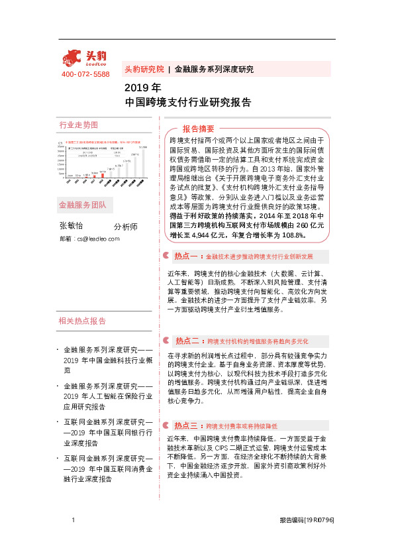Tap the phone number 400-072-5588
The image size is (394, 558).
click(x=85, y=74)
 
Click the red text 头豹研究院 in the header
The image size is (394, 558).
click(x=144, y=69)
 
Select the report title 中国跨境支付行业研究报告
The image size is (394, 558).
click(x=188, y=103)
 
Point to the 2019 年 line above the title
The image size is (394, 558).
click(x=142, y=88)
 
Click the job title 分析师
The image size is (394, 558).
click(x=126, y=227)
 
